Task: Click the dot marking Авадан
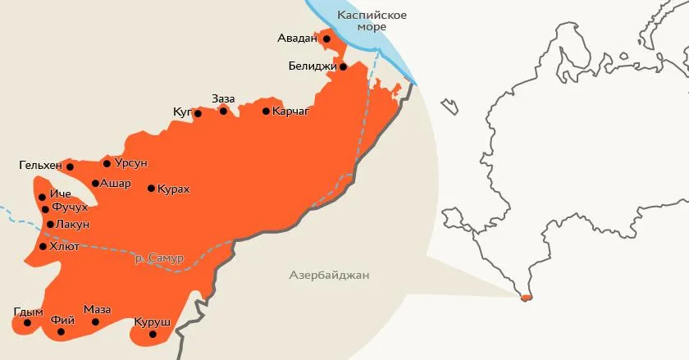[x=326, y=39]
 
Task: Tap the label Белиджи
[x=313, y=66]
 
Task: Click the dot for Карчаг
[x=266, y=112]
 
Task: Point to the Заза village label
[x=223, y=98]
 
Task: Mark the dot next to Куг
[x=198, y=114]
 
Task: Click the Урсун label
[x=131, y=163]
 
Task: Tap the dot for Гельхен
[x=70, y=166]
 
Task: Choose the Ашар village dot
[x=96, y=184]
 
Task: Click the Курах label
[x=173, y=189]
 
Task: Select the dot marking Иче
[x=42, y=197]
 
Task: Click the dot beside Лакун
[x=50, y=224]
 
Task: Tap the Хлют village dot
[x=43, y=246]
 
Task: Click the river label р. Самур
[x=159, y=258]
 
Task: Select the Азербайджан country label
[x=329, y=276]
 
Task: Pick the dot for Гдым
[x=27, y=322]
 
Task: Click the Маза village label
[x=97, y=309]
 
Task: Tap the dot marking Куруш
[x=152, y=335]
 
